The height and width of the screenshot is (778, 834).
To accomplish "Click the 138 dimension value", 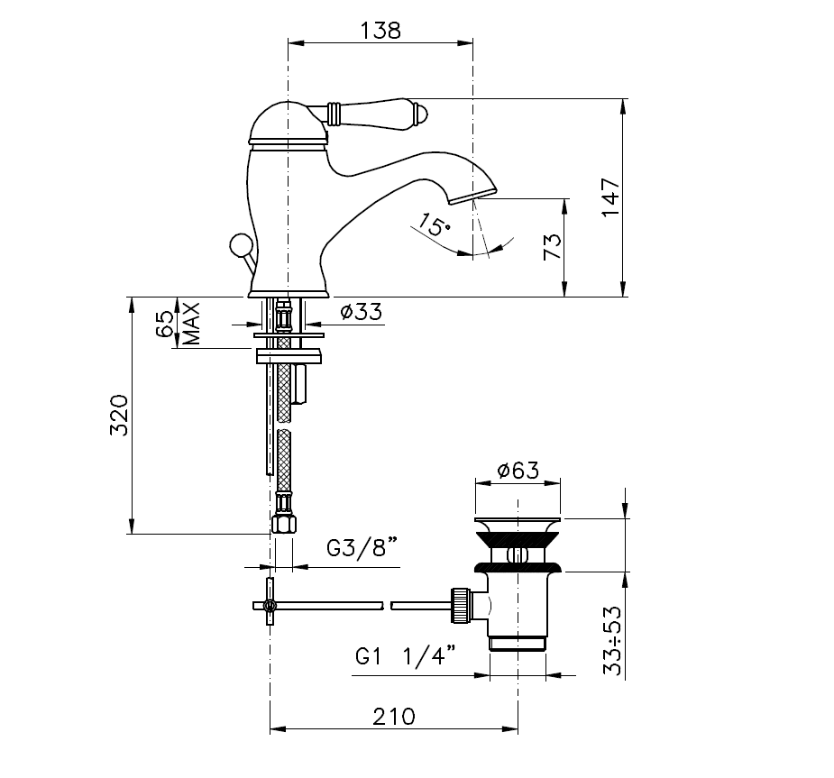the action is (380, 31).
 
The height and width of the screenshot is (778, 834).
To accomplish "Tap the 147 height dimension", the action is (611, 197).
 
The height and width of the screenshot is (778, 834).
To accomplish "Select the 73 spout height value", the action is (553, 246).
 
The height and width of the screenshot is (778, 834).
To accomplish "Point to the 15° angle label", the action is (433, 225).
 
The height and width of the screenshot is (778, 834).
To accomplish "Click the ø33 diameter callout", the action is (362, 311).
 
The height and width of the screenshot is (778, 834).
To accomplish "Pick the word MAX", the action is (191, 324).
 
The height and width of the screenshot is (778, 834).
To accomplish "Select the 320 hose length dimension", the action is (119, 416).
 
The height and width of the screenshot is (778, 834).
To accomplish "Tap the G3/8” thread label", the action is (362, 547).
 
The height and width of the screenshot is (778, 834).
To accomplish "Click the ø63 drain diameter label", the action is (518, 470).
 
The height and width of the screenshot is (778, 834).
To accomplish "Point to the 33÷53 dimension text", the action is (612, 640).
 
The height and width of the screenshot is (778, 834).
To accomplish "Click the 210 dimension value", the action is (394, 717).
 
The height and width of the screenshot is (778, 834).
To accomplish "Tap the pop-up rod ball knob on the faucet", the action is (238, 246).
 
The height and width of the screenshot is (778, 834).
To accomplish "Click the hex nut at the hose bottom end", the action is (283, 523).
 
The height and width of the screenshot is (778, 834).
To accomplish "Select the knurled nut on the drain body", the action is (461, 605).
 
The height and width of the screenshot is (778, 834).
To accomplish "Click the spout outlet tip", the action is (472, 197).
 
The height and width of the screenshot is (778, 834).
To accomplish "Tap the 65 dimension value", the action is (165, 324).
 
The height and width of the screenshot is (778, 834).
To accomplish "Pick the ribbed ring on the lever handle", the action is (334, 114).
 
